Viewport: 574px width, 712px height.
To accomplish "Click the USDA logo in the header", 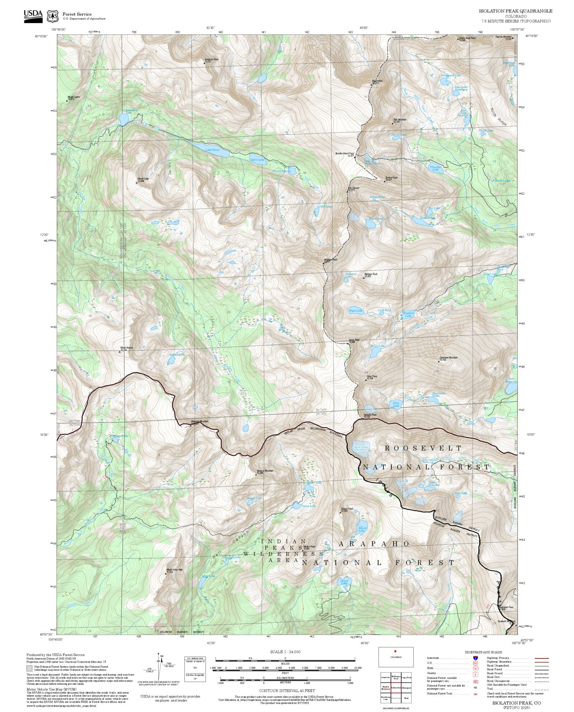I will tap(33, 16).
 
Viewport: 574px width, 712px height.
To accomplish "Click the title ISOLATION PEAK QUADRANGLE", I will tap(516, 11).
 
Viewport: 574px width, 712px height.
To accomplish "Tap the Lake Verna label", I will tap(212, 150).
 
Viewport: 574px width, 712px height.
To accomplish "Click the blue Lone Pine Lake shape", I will tap(124, 118).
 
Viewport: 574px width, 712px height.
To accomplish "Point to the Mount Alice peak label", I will tap(377, 82).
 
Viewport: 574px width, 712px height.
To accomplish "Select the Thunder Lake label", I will tap(435, 168).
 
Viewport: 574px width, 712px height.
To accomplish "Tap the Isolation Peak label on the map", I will tap(330, 260).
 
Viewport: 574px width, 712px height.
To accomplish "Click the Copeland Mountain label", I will tap(448, 358).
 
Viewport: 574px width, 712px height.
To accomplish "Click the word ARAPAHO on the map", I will tap(374, 544).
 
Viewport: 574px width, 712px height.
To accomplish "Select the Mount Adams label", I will tap(126, 348).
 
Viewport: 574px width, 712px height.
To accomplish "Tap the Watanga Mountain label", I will tap(199, 422).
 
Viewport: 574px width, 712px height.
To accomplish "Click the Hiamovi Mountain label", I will tap(265, 471).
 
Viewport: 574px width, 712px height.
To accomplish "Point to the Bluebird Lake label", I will tap(408, 314).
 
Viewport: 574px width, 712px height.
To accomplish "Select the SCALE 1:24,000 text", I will tap(285, 652).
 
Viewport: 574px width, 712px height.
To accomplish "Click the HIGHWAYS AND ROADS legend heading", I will tap(483, 652).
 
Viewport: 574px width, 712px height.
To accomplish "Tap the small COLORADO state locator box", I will tap(396, 657).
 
